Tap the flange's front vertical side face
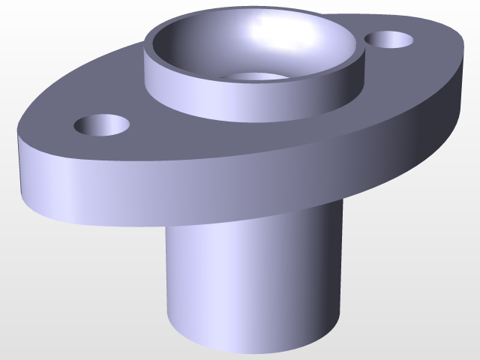pyautogui.click(x=187, y=184)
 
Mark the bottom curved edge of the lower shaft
pyautogui.click(x=247, y=350)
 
